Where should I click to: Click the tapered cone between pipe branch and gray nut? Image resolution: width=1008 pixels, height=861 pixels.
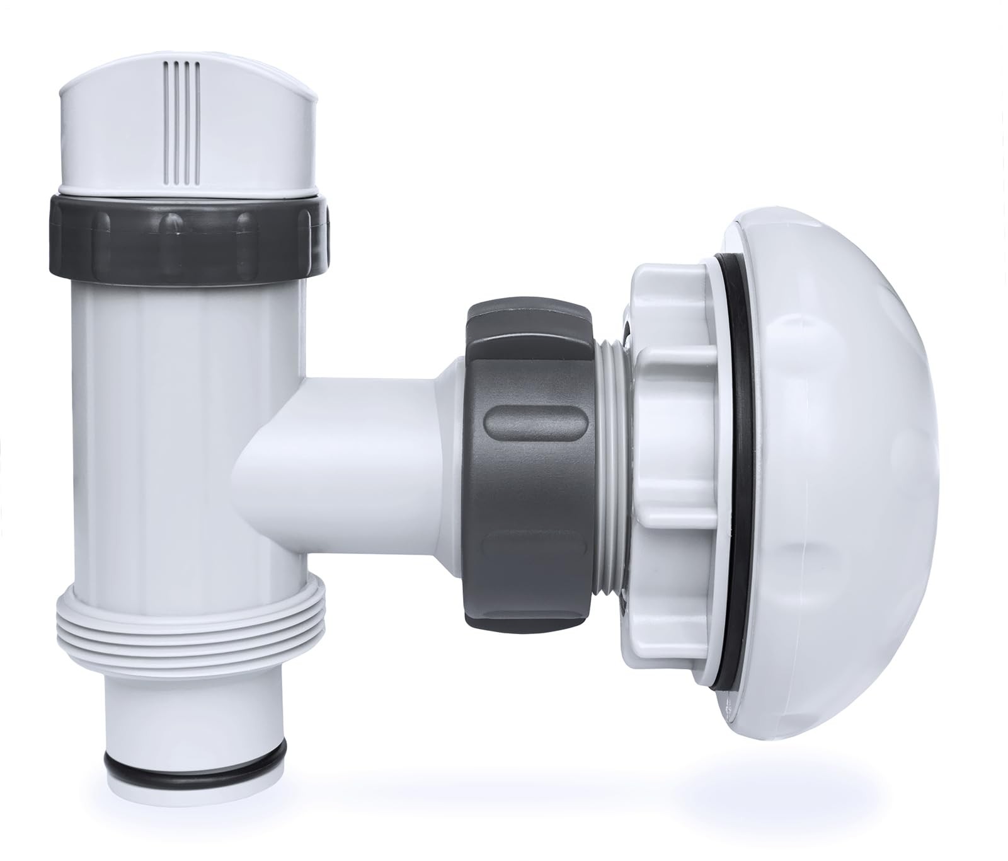tap(449, 435)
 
